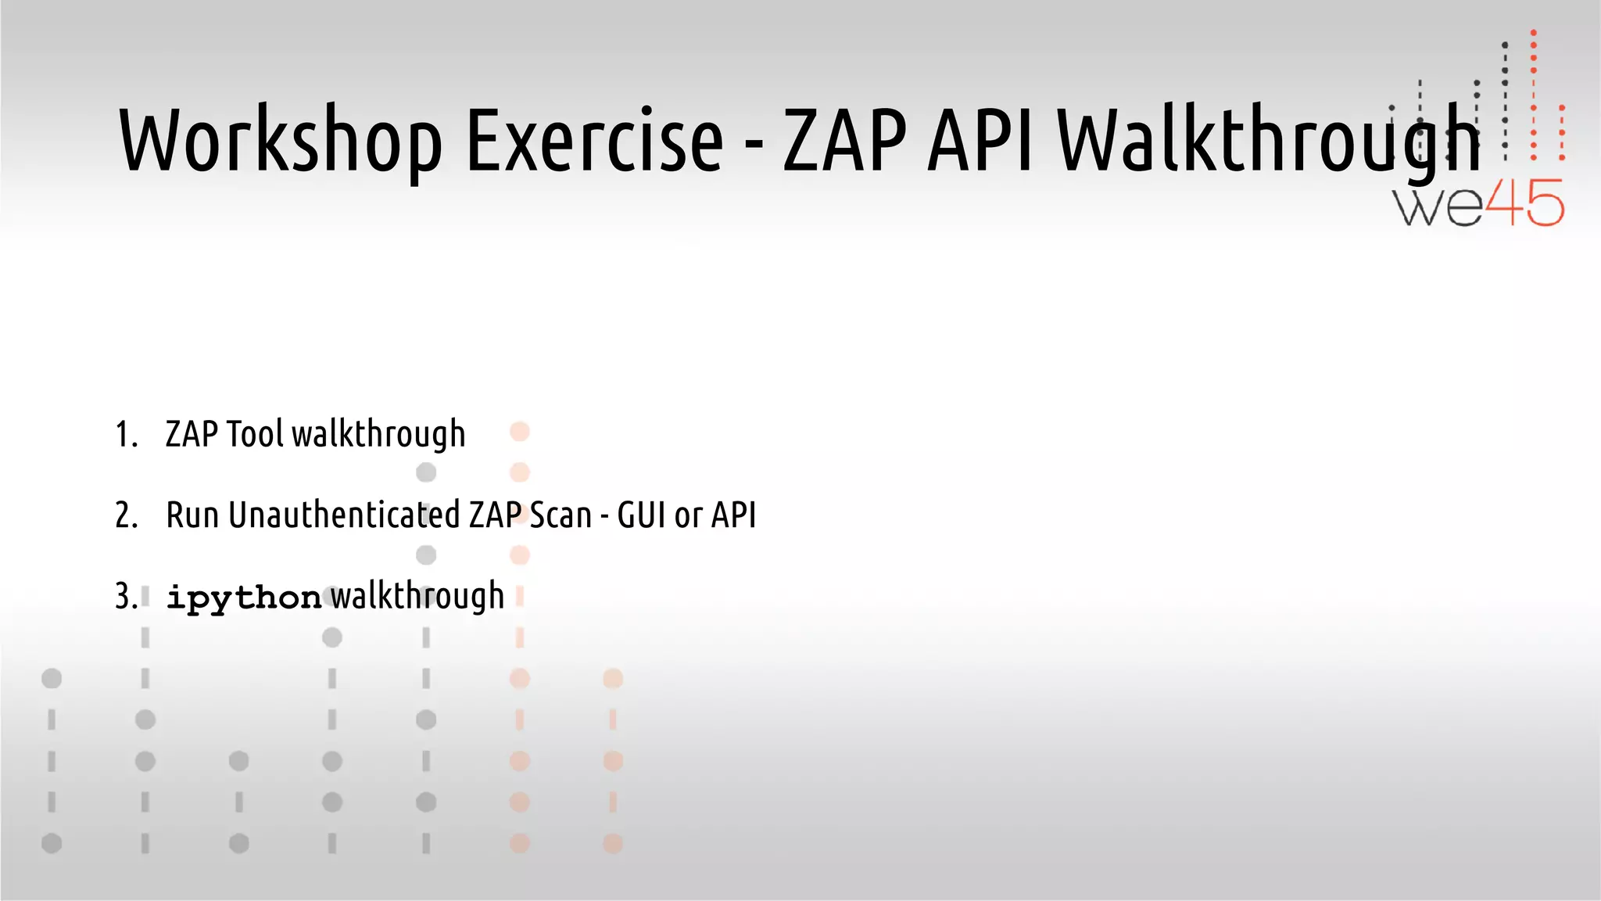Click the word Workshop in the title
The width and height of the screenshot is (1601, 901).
tap(280, 141)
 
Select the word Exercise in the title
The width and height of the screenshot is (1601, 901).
tap(595, 141)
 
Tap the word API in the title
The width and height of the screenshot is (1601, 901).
tap(980, 141)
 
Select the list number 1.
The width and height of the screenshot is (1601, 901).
tap(126, 435)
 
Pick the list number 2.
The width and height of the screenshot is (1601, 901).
tap(126, 516)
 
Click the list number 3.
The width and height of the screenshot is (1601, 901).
tap(126, 598)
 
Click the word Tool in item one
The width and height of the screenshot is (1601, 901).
tap(255, 435)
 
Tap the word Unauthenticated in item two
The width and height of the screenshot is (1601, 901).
tap(344, 516)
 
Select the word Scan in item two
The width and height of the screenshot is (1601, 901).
tap(561, 516)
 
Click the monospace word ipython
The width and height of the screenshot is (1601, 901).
tap(244, 598)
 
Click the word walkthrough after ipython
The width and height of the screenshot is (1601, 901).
tap(417, 598)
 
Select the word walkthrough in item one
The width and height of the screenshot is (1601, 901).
tap(378, 435)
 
